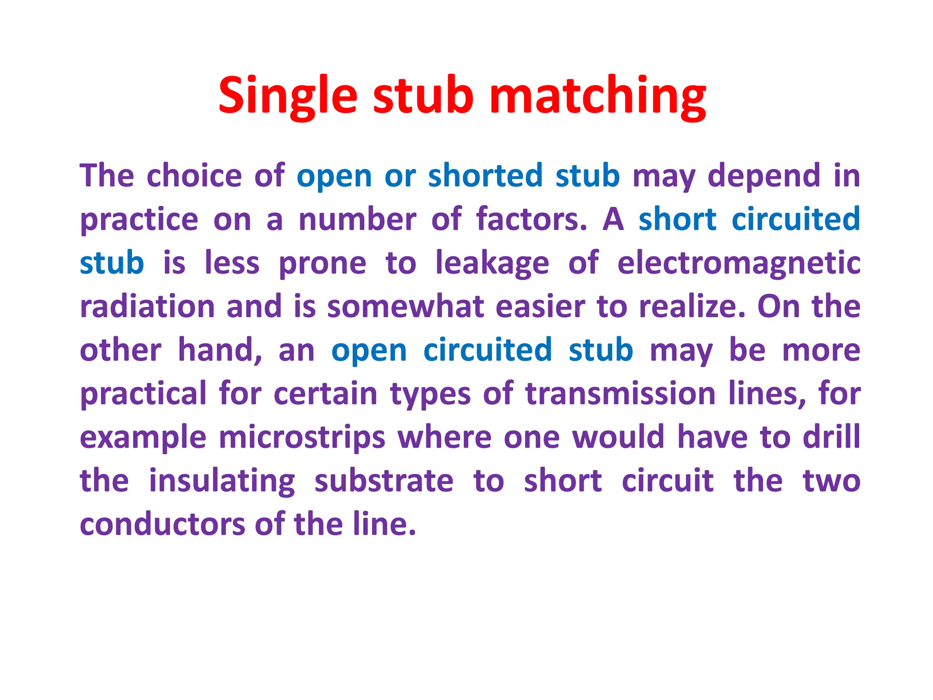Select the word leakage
[x=492, y=263]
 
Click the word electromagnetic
[x=738, y=263]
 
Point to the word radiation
[x=147, y=306]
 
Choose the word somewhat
[x=405, y=306]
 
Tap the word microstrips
[x=302, y=437]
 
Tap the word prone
[x=322, y=263]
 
